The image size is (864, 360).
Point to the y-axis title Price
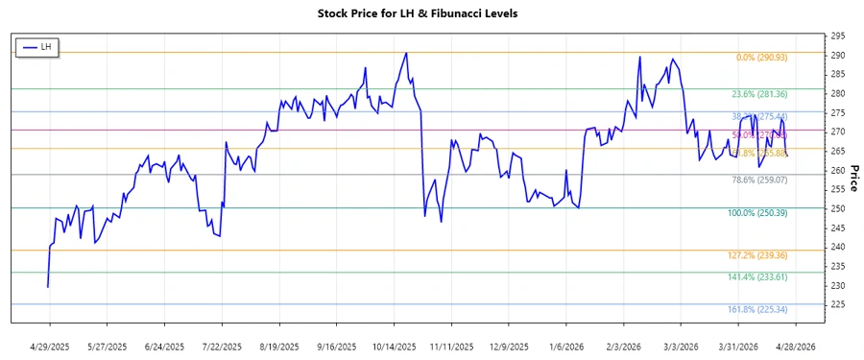pos(853,178)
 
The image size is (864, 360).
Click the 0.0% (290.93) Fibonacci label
pos(761,58)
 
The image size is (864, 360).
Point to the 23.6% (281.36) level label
pos(759,94)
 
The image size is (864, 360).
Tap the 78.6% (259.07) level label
pos(759,180)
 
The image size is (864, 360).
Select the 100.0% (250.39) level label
pos(758,213)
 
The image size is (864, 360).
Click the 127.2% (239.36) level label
pos(758,255)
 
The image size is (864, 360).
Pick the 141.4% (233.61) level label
pos(758,276)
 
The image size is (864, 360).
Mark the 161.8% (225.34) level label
pos(758,309)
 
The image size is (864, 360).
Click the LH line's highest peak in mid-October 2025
pos(406,53)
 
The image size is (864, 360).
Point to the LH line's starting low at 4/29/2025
pos(47,287)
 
